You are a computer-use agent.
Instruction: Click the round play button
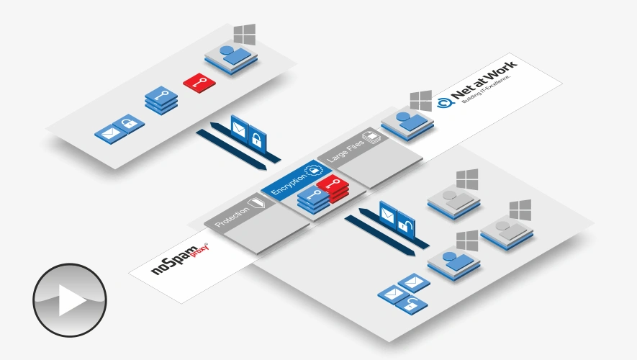(x=70, y=300)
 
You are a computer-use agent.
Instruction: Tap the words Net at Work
(x=484, y=81)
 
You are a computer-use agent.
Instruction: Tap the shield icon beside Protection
(x=257, y=203)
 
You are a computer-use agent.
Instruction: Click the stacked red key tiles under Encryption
(x=332, y=188)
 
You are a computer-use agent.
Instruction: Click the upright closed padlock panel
(x=256, y=137)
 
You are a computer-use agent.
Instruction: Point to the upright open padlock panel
(x=405, y=222)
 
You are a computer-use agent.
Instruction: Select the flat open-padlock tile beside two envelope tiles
(x=412, y=304)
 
